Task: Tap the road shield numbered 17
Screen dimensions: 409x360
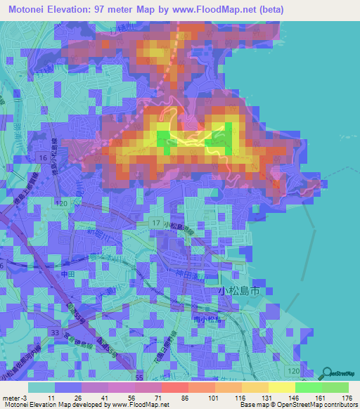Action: coord(155,223)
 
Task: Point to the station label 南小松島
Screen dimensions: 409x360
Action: coord(206,318)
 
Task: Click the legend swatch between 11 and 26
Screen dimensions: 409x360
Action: coord(68,387)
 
